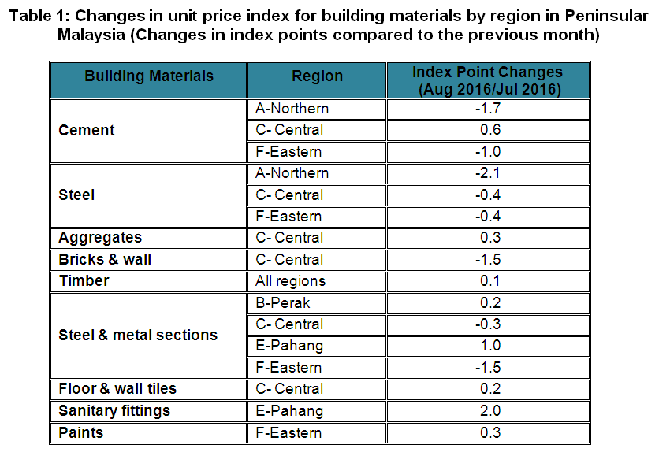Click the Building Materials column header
149,76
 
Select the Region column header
317,76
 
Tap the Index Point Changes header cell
488,80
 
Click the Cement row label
87,130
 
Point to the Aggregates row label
100,238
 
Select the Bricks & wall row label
105,259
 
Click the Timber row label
84,281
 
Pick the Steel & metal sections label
138,335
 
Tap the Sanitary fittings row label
114,410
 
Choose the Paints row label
81,432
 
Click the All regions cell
290,281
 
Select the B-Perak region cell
283,302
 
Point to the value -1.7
489,109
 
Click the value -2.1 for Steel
489,173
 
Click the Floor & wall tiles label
117,388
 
